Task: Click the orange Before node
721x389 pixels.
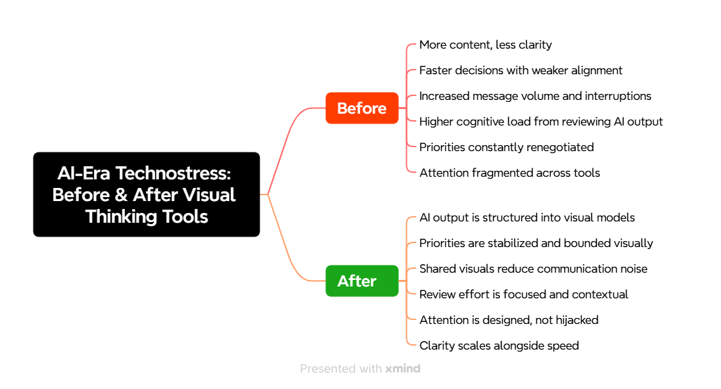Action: click(x=361, y=108)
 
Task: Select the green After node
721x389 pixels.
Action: click(x=361, y=281)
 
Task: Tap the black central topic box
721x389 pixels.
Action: click(x=146, y=194)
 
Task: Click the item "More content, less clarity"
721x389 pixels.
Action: click(x=485, y=45)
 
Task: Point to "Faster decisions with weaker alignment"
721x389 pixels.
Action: click(x=521, y=70)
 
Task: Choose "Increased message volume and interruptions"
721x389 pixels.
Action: click(x=535, y=96)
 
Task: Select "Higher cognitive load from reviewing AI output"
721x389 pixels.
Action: click(x=541, y=122)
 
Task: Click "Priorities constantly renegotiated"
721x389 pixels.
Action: click(x=506, y=147)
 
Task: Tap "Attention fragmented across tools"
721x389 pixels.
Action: click(x=509, y=173)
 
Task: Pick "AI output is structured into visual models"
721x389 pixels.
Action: click(x=527, y=217)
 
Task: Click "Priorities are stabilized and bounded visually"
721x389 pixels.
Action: click(x=536, y=243)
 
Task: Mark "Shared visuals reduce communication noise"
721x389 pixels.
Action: click(x=533, y=269)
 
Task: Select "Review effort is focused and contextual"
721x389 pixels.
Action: click(x=523, y=294)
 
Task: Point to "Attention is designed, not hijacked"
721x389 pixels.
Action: click(x=509, y=320)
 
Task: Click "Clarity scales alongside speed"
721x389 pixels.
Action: click(x=499, y=346)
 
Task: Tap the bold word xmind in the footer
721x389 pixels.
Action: click(x=403, y=369)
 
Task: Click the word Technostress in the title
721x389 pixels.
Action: click(x=184, y=173)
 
